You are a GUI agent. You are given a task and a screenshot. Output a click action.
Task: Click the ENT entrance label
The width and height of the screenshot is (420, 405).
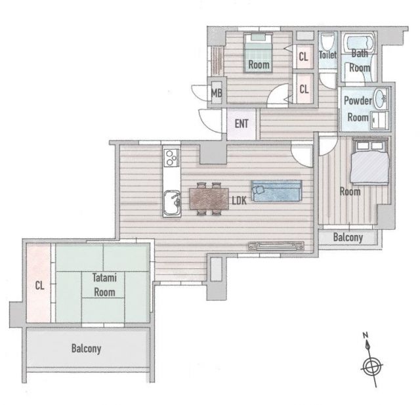[x=241, y=124]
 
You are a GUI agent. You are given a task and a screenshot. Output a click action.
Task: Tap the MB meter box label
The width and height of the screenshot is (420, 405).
[x=217, y=93]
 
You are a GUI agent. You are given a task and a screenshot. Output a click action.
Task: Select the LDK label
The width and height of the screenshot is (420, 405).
[x=239, y=200]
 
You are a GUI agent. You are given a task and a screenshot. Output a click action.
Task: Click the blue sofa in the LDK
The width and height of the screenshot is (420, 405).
[x=277, y=191]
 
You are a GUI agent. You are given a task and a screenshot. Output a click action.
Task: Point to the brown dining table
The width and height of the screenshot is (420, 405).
[x=209, y=198]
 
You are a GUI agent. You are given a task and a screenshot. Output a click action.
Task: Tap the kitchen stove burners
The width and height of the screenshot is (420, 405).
[x=171, y=158]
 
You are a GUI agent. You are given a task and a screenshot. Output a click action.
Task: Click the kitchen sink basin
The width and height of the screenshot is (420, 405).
[x=172, y=203]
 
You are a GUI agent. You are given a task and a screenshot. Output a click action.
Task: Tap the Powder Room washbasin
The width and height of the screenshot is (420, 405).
[x=379, y=98]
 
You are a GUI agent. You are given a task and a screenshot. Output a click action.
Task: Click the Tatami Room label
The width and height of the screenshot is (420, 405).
[x=104, y=285]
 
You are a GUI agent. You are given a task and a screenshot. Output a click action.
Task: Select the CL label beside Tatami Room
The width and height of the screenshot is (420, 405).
[x=39, y=286]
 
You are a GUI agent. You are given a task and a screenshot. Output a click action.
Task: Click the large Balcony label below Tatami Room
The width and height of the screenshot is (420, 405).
[x=86, y=349]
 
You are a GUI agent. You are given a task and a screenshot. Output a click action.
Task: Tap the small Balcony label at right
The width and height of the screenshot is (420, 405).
[x=348, y=238]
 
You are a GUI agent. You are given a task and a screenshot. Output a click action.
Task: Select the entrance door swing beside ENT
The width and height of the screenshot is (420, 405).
[x=210, y=121]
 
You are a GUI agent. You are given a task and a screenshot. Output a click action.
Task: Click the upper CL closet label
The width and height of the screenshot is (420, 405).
[x=303, y=57]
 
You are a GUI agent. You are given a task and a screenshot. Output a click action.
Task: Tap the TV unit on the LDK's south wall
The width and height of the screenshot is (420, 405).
[x=276, y=246]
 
